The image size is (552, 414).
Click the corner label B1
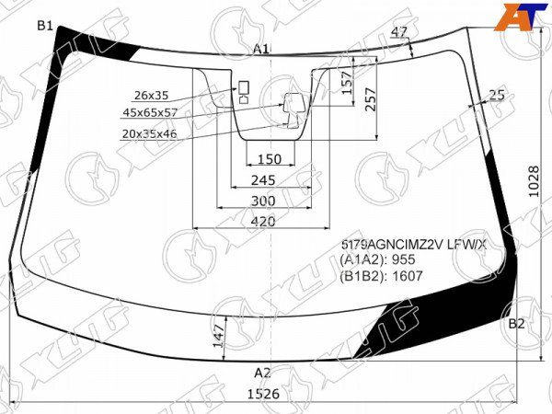tap(45, 26)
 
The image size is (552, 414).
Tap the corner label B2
tap(516, 324)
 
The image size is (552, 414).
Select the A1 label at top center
tap(261, 49)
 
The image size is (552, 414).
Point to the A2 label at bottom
tap(262, 373)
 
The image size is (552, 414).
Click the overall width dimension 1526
tap(264, 394)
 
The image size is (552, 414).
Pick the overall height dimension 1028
tap(534, 181)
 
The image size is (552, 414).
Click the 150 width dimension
tap(270, 159)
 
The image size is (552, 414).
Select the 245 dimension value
tap(263, 180)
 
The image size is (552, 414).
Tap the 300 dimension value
tap(263, 201)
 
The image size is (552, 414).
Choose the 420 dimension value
tap(263, 222)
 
